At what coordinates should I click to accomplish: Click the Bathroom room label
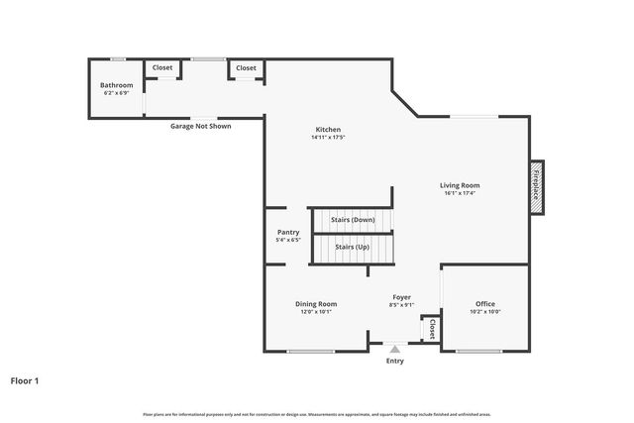tap(116, 85)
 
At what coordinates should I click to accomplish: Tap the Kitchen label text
tap(328, 130)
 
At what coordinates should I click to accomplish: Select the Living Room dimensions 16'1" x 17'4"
tap(461, 193)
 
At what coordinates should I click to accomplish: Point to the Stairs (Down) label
tap(353, 220)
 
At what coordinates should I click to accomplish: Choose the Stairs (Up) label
tap(353, 247)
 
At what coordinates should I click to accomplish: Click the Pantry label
tap(288, 233)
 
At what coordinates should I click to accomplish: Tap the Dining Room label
tap(316, 303)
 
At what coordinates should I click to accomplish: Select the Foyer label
tap(401, 296)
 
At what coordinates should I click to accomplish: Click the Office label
tap(485, 303)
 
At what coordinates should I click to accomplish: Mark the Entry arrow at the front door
tap(395, 349)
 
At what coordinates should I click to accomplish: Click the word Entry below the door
tap(395, 361)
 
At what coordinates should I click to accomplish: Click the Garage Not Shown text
tap(200, 126)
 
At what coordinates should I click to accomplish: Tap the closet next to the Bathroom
tap(162, 68)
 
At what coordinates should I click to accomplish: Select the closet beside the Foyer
tap(432, 328)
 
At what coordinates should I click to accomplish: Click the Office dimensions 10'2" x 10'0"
tap(485, 311)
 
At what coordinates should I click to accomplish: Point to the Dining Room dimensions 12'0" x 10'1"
tap(316, 311)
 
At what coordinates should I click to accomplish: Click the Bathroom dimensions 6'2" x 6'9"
tap(116, 93)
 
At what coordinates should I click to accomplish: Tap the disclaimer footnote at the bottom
tap(317, 414)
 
